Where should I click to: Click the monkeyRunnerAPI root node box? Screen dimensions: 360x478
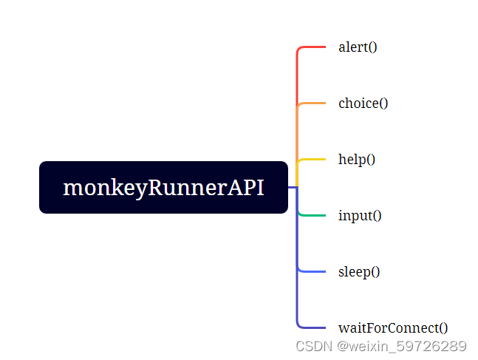tap(163, 187)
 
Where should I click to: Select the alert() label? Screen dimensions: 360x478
tap(358, 47)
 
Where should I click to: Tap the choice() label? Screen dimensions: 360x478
tap(363, 103)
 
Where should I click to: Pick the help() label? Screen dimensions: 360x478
tap(357, 160)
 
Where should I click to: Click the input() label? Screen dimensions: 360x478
tap(360, 216)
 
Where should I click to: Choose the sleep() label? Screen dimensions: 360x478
tap(359, 272)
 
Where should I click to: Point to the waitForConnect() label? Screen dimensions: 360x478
tap(393, 328)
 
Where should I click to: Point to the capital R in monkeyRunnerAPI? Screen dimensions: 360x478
tap(157, 188)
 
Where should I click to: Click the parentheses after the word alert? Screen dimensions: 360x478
tap(372, 47)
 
